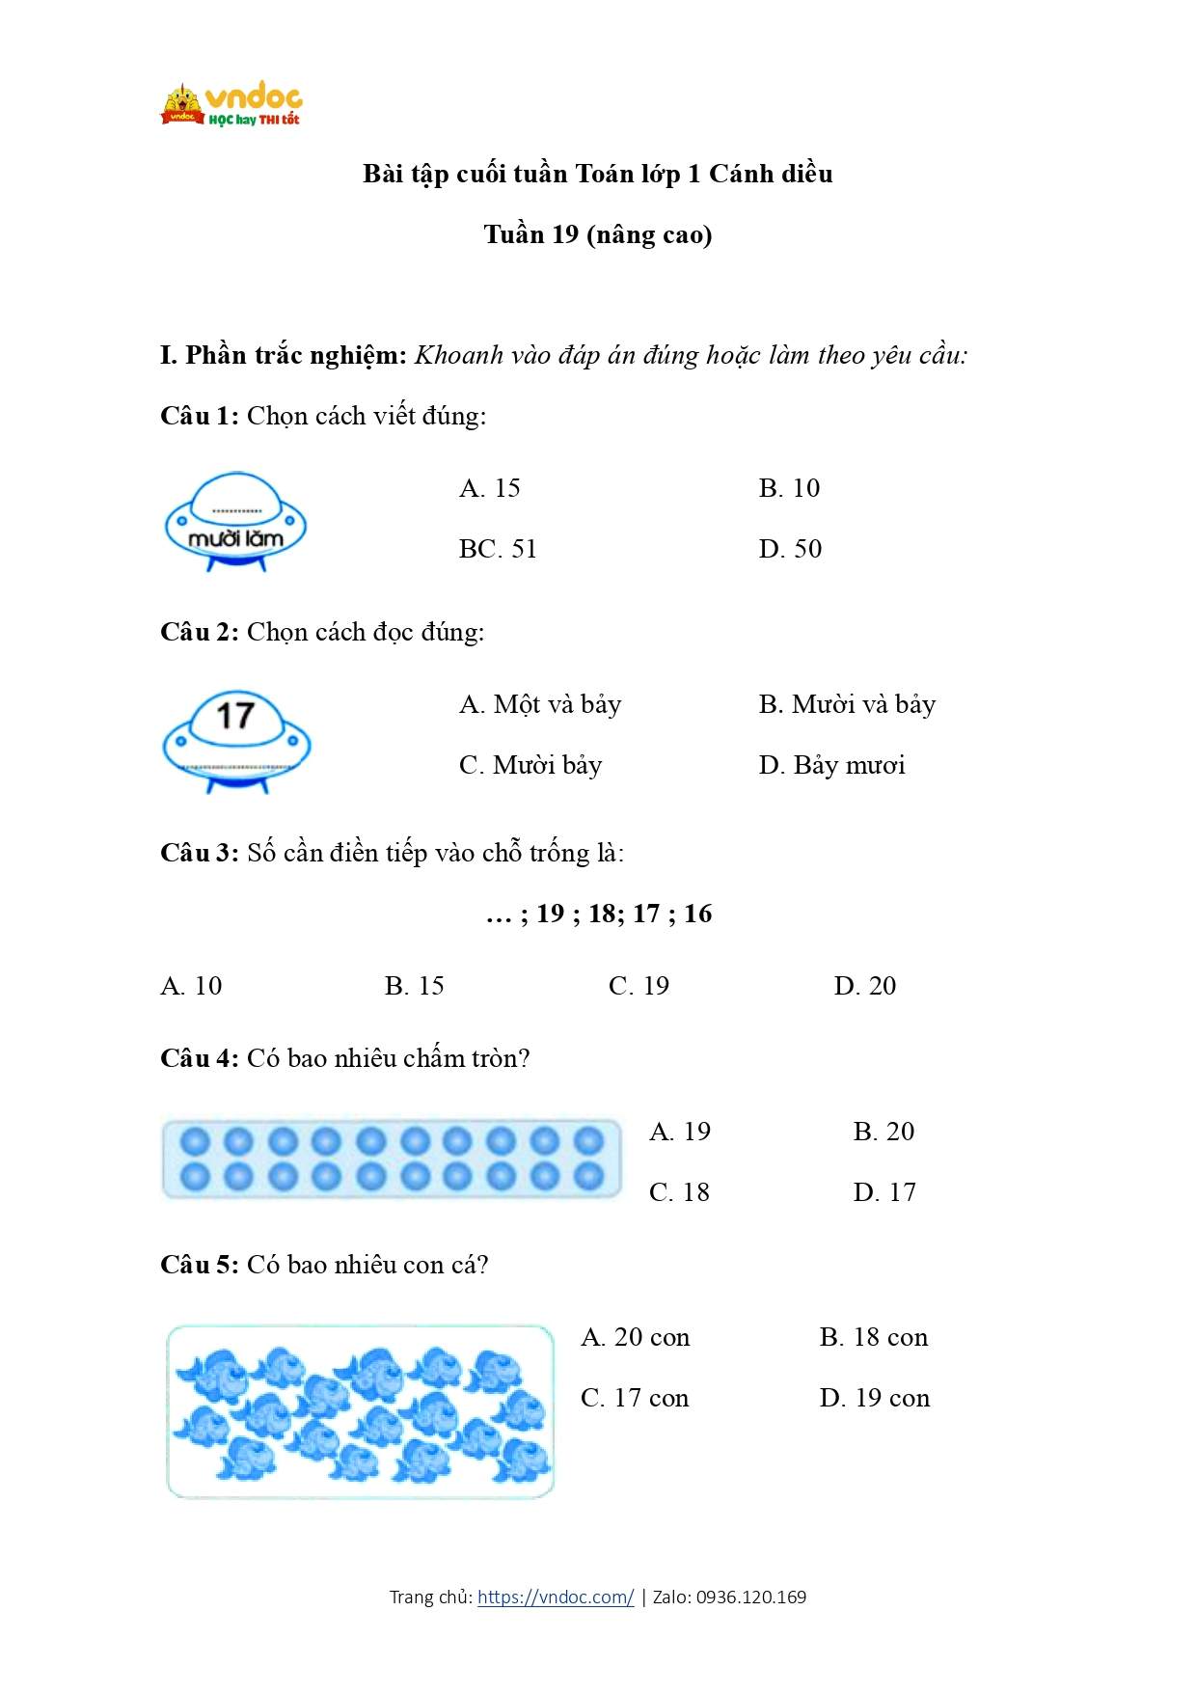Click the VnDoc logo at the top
(231, 104)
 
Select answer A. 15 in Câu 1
(490, 488)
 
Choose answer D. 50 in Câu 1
(790, 549)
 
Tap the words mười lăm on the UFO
(235, 538)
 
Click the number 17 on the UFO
(235, 716)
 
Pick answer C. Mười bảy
(530, 765)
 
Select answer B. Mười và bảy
(847, 704)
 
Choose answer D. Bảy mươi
(831, 765)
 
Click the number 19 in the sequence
(551, 914)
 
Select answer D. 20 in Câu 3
(865, 986)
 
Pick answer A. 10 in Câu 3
(191, 986)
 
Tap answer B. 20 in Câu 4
(883, 1132)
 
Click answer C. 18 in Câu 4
(679, 1192)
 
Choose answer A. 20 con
(636, 1337)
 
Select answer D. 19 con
(875, 1398)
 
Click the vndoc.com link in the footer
(556, 1597)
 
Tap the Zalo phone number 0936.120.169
(751, 1597)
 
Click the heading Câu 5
(199, 1265)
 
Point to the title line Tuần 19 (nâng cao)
(598, 234)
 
